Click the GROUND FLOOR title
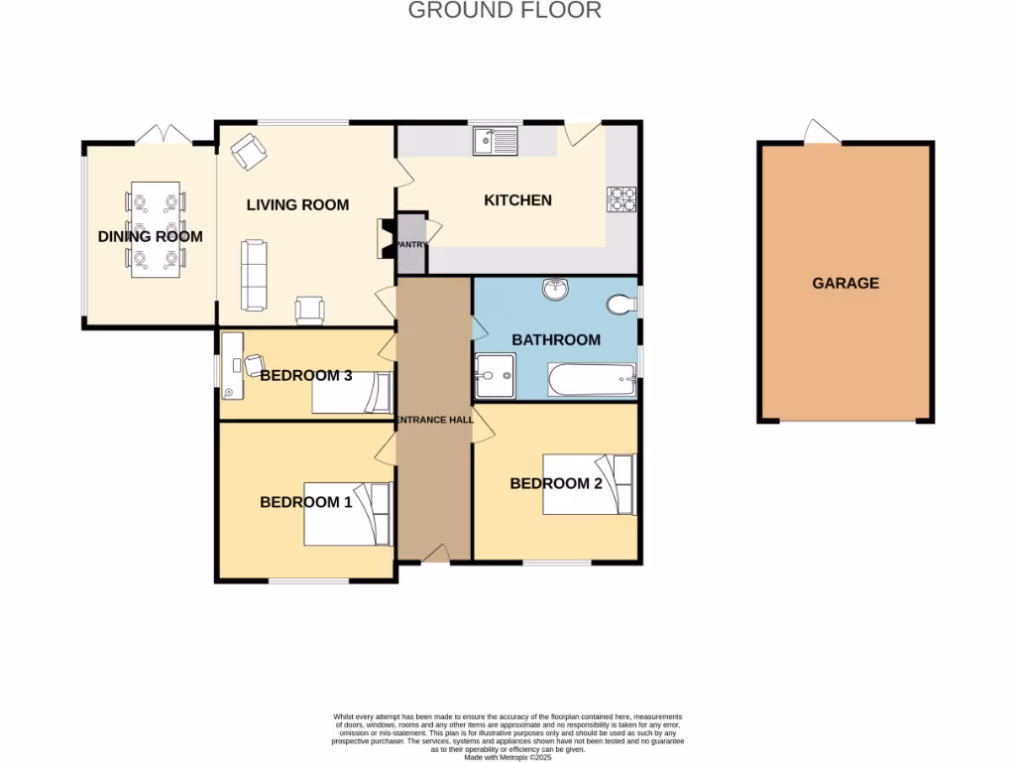pyautogui.click(x=505, y=11)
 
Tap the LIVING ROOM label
pyautogui.click(x=297, y=205)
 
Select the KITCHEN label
pyautogui.click(x=517, y=200)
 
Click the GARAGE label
pyautogui.click(x=846, y=283)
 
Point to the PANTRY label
pyautogui.click(x=410, y=244)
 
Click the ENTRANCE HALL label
pyautogui.click(x=433, y=421)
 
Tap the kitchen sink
pyautogui.click(x=497, y=142)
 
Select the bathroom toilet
pyautogui.click(x=623, y=304)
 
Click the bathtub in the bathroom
pyautogui.click(x=591, y=379)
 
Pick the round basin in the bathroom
pyautogui.click(x=554, y=289)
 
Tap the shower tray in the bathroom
pyautogui.click(x=495, y=375)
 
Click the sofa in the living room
pyautogui.click(x=255, y=275)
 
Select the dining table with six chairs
pyautogui.click(x=155, y=230)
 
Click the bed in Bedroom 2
pyautogui.click(x=589, y=484)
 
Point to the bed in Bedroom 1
pyautogui.click(x=348, y=514)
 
